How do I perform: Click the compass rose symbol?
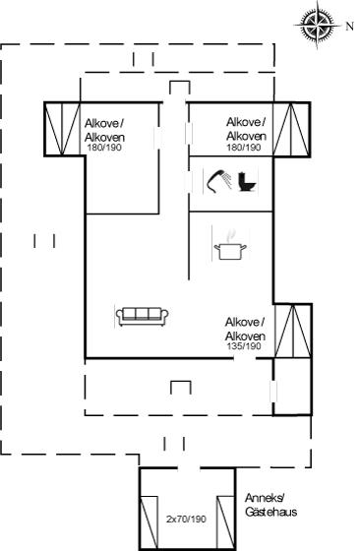tap(317, 25)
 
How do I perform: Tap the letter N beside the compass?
tap(349, 27)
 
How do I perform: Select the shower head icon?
tap(218, 181)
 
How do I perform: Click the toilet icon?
tap(248, 181)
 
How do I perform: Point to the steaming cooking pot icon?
tap(230, 245)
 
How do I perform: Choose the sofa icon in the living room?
tap(142, 316)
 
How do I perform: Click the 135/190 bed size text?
tap(244, 346)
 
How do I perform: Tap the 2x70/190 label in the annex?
tap(186, 519)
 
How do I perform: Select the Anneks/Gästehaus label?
tap(270, 505)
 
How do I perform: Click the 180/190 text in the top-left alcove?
tap(104, 148)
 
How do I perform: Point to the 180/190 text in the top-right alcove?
tap(244, 148)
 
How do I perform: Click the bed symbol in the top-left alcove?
tap(62, 129)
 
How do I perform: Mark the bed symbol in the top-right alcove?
tap(291, 129)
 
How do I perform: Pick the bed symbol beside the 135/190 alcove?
tap(293, 331)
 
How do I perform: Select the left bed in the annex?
tap(149, 522)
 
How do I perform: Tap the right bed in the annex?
tap(225, 522)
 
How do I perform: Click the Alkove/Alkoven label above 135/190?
tap(245, 329)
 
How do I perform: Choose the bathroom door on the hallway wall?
tap(190, 182)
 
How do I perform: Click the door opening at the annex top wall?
tap(188, 468)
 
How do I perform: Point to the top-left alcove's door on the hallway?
tap(158, 137)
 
